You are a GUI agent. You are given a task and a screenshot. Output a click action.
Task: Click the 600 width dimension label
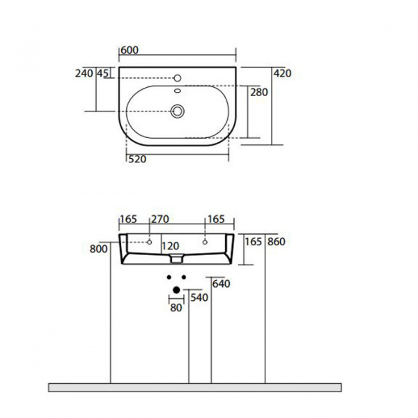(130, 50)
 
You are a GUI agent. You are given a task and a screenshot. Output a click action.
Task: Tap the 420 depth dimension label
(282, 73)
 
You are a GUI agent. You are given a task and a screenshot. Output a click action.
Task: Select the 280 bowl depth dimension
(259, 92)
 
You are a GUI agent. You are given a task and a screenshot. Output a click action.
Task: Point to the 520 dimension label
(137, 159)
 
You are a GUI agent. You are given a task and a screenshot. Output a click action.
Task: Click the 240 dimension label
(84, 73)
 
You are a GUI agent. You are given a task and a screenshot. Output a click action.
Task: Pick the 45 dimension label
(102, 73)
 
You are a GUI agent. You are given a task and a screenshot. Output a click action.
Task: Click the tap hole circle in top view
(177, 78)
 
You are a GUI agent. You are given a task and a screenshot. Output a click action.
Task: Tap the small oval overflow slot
(177, 91)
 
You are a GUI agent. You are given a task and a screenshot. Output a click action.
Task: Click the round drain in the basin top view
(177, 111)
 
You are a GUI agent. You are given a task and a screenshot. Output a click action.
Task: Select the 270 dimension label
(160, 219)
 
